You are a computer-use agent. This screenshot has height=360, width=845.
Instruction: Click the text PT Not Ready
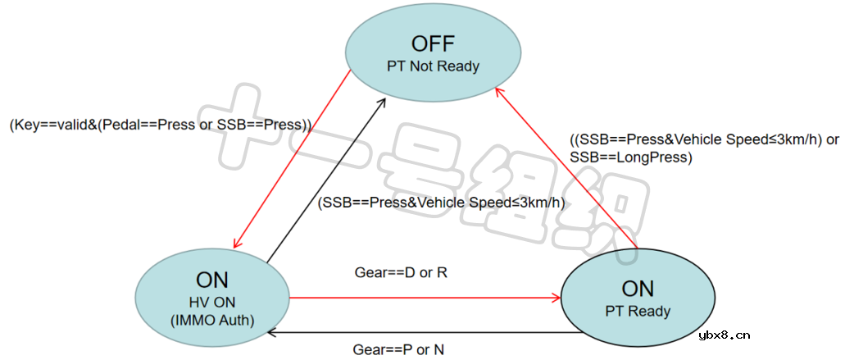click(x=433, y=66)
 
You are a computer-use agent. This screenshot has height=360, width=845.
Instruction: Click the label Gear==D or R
click(x=400, y=271)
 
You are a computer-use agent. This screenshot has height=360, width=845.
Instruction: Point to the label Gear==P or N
click(x=398, y=349)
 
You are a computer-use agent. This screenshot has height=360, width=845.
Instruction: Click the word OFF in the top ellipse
click(x=433, y=43)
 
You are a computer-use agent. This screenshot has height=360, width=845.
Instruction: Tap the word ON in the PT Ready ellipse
click(x=638, y=289)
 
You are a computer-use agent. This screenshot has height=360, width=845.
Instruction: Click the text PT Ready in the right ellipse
click(x=638, y=312)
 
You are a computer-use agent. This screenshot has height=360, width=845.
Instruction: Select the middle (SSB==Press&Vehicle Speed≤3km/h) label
click(x=442, y=202)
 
